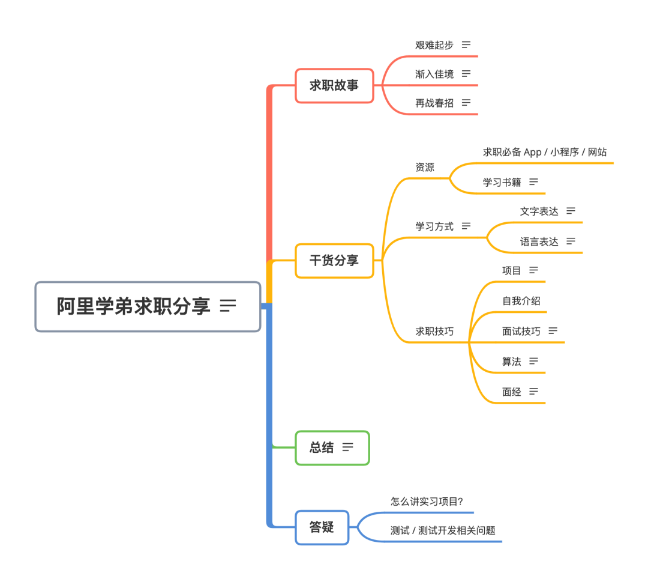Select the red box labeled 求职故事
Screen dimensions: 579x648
point(334,86)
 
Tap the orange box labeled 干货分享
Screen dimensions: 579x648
point(334,261)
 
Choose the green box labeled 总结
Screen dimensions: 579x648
point(332,447)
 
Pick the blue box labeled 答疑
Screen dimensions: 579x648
point(322,527)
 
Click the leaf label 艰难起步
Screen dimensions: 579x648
point(434,45)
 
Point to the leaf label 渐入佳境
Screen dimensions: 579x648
point(434,74)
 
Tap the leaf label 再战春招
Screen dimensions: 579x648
point(434,103)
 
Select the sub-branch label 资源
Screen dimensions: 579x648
point(425,167)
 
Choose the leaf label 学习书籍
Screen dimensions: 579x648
point(502,181)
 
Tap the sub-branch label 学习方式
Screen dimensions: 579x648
point(434,226)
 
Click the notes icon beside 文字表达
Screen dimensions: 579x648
point(571,211)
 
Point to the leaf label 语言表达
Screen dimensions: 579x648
point(539,241)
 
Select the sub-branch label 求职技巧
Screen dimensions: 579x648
point(434,331)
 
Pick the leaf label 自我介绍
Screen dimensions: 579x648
point(521,300)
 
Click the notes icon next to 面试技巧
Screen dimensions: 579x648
point(553,330)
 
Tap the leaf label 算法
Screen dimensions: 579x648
point(512,361)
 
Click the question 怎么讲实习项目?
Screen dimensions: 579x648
point(427,501)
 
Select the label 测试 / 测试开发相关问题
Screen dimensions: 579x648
point(443,530)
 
